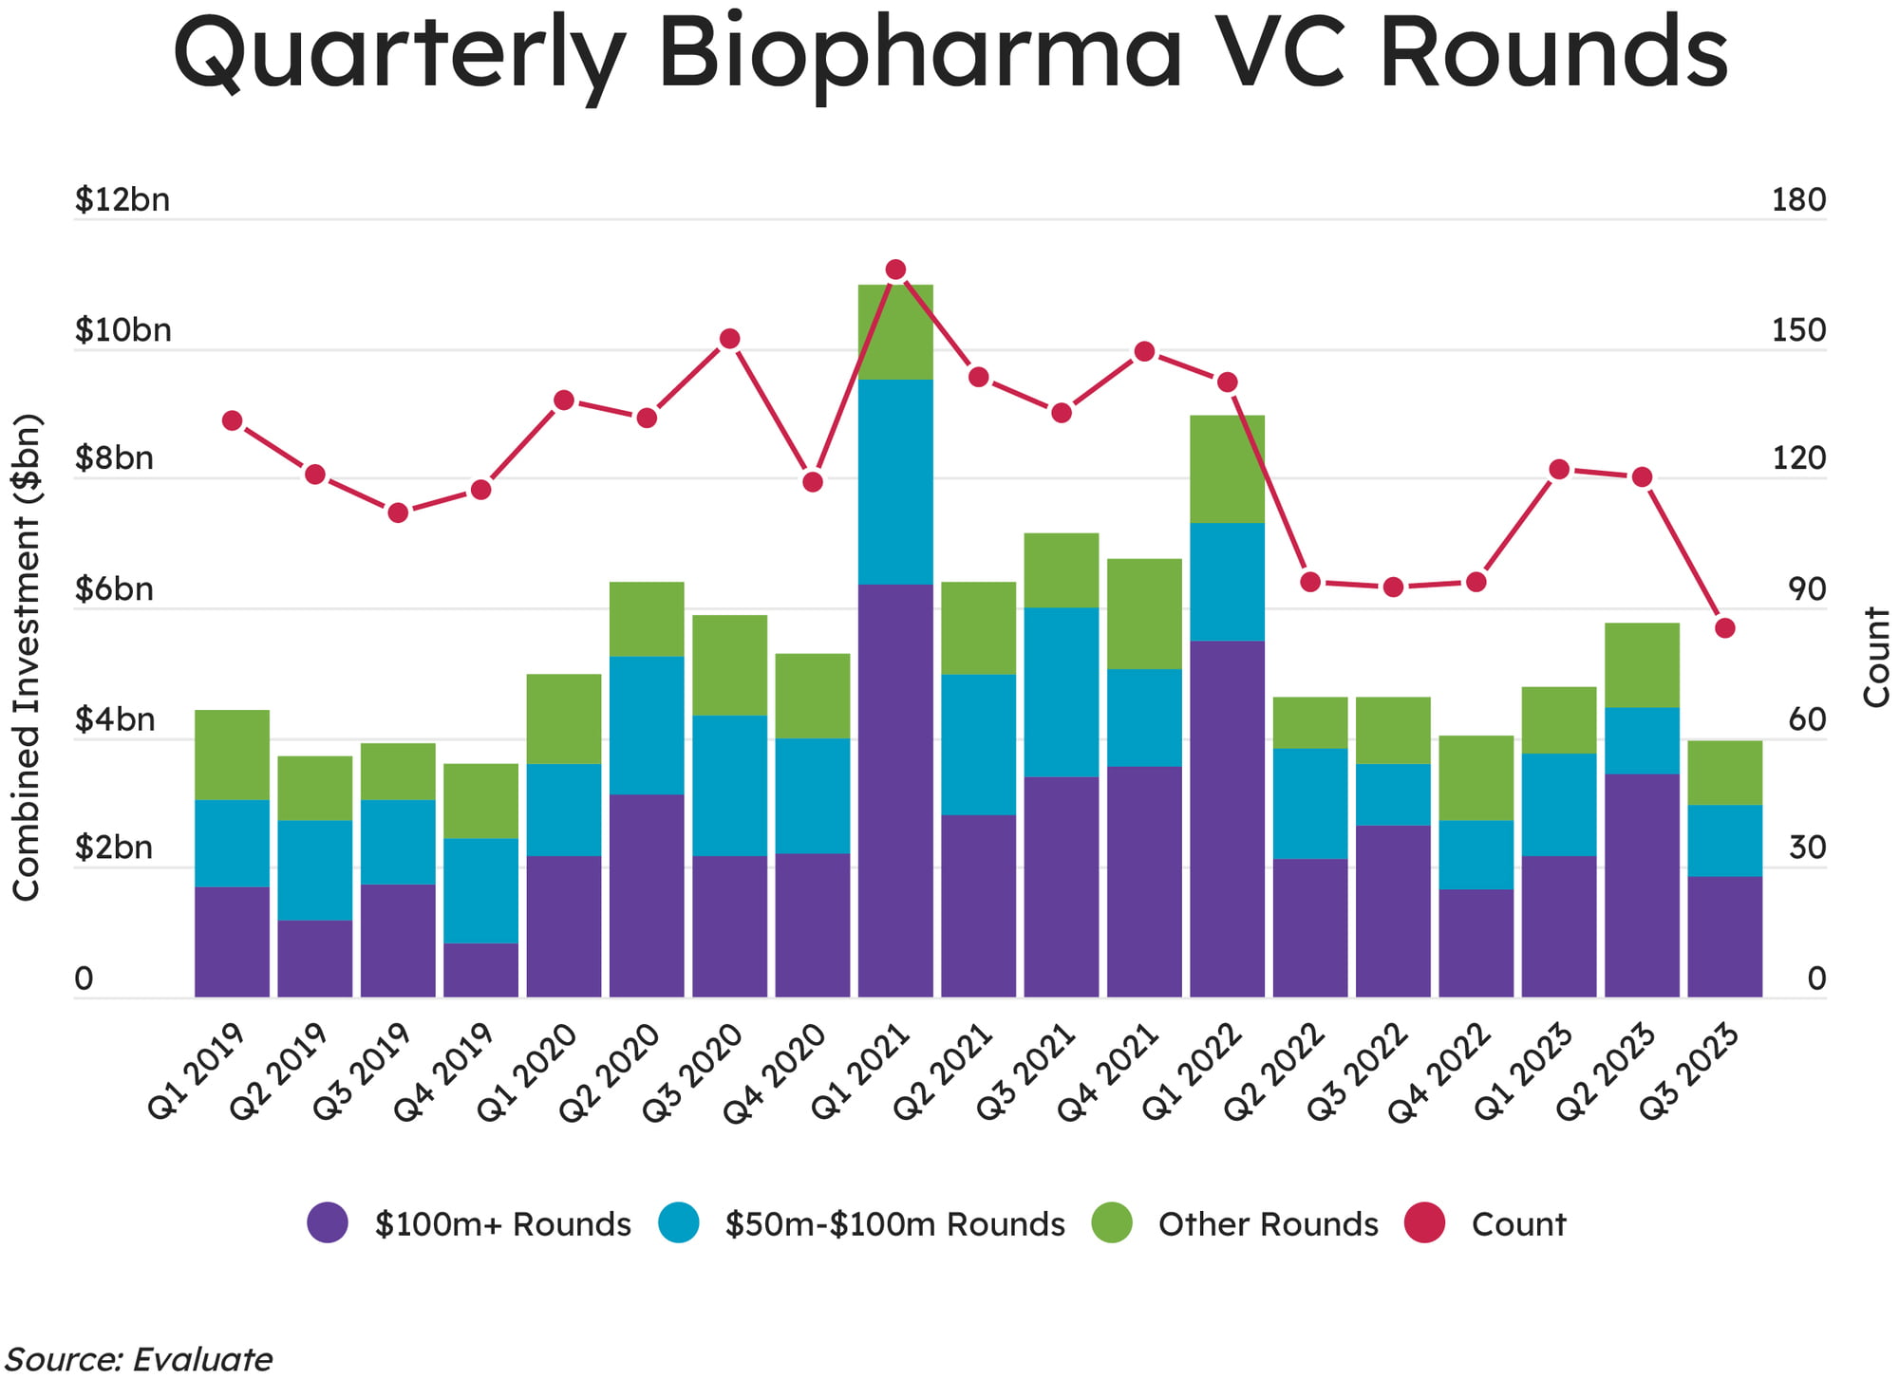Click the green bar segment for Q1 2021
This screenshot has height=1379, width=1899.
(x=895, y=332)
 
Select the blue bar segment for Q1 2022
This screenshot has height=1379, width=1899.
(x=1227, y=582)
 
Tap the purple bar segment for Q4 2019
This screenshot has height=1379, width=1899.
(x=480, y=969)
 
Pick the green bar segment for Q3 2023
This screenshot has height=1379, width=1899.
(x=1724, y=773)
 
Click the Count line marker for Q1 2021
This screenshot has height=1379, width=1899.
(x=895, y=270)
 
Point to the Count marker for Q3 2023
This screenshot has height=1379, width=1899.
(x=1725, y=628)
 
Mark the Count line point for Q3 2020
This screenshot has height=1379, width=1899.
(x=729, y=339)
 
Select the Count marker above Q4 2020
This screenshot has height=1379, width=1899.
(x=813, y=482)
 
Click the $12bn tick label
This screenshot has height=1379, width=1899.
(x=122, y=200)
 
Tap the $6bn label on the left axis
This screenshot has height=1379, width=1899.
(x=114, y=589)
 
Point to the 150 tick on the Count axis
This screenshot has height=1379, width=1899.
(x=1798, y=330)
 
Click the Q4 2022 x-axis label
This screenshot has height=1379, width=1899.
(x=1439, y=1073)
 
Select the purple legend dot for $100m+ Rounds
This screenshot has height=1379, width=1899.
(x=328, y=1222)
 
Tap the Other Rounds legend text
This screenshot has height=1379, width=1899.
(x=1268, y=1224)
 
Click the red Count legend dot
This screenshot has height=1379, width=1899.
(x=1424, y=1222)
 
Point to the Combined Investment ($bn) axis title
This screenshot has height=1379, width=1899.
(x=27, y=657)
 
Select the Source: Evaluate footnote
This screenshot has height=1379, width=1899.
(x=139, y=1359)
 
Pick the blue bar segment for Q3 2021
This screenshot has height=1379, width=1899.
(x=1062, y=692)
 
